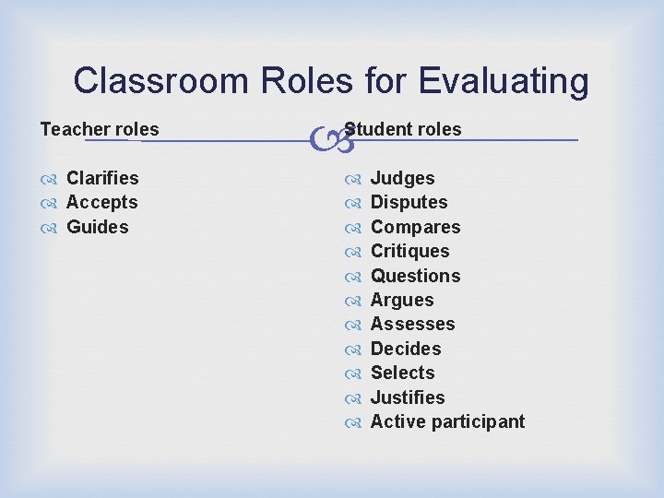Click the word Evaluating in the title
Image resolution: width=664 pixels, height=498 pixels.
point(503,81)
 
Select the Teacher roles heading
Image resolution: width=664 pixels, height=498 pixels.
point(100,129)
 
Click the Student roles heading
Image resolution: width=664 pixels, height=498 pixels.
point(403,129)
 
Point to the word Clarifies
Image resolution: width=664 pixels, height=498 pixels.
point(102,178)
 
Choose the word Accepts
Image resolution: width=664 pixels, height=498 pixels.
point(102,202)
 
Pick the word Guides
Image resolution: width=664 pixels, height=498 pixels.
point(98,227)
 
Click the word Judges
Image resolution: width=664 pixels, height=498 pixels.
point(402,178)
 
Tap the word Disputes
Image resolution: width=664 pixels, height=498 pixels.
point(409,202)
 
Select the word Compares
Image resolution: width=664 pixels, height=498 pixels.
point(415,227)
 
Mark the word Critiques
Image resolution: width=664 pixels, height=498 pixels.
point(409,251)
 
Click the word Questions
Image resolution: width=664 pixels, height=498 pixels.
point(415,276)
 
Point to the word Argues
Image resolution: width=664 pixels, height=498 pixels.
point(401,300)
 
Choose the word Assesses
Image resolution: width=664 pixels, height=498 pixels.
point(412,324)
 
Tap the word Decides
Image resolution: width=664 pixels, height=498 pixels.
point(406,349)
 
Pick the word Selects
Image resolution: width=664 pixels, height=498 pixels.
point(402,373)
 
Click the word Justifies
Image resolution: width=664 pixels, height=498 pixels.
point(407,397)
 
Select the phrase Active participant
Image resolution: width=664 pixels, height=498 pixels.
point(447,421)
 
